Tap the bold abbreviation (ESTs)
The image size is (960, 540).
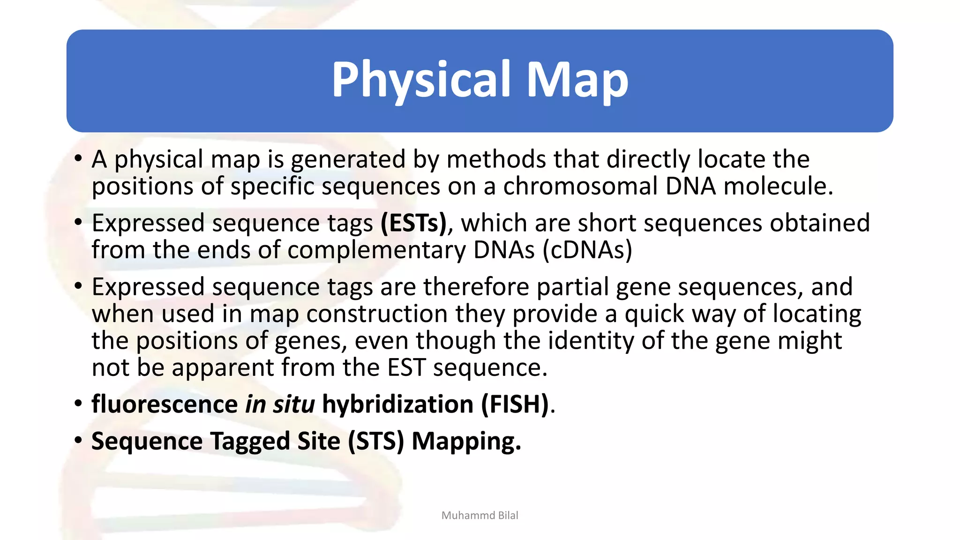click(x=414, y=223)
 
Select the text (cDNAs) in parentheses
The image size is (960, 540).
click(x=587, y=250)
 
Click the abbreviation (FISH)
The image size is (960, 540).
click(x=515, y=404)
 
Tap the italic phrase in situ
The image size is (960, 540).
click(x=280, y=404)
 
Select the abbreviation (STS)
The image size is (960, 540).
click(x=375, y=441)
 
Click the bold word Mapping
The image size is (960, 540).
click(x=466, y=441)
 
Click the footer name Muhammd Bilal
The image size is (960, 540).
click(x=480, y=516)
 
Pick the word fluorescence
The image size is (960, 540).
click(x=165, y=404)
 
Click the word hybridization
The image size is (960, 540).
click(x=397, y=404)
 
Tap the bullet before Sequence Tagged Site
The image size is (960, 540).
click(x=78, y=440)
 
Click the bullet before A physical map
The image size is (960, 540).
click(x=78, y=158)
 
